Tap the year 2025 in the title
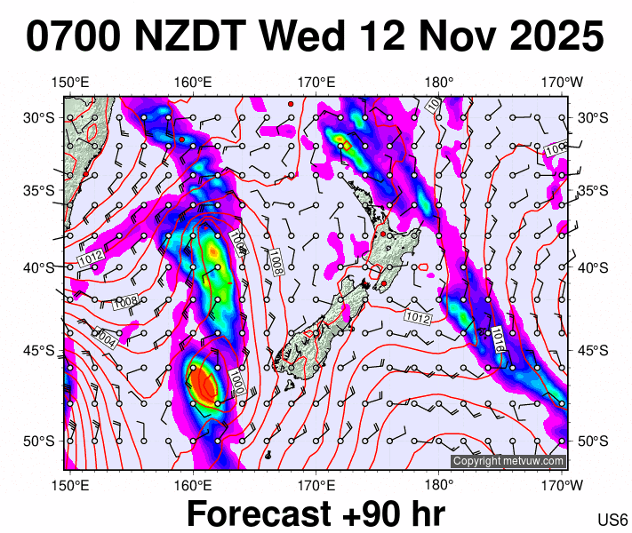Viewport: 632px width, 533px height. tap(552, 38)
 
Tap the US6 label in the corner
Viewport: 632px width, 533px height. tap(613, 520)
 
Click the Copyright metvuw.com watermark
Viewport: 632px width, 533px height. tap(508, 461)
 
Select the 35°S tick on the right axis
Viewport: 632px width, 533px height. tap(591, 191)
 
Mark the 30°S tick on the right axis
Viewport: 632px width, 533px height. tap(591, 117)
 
